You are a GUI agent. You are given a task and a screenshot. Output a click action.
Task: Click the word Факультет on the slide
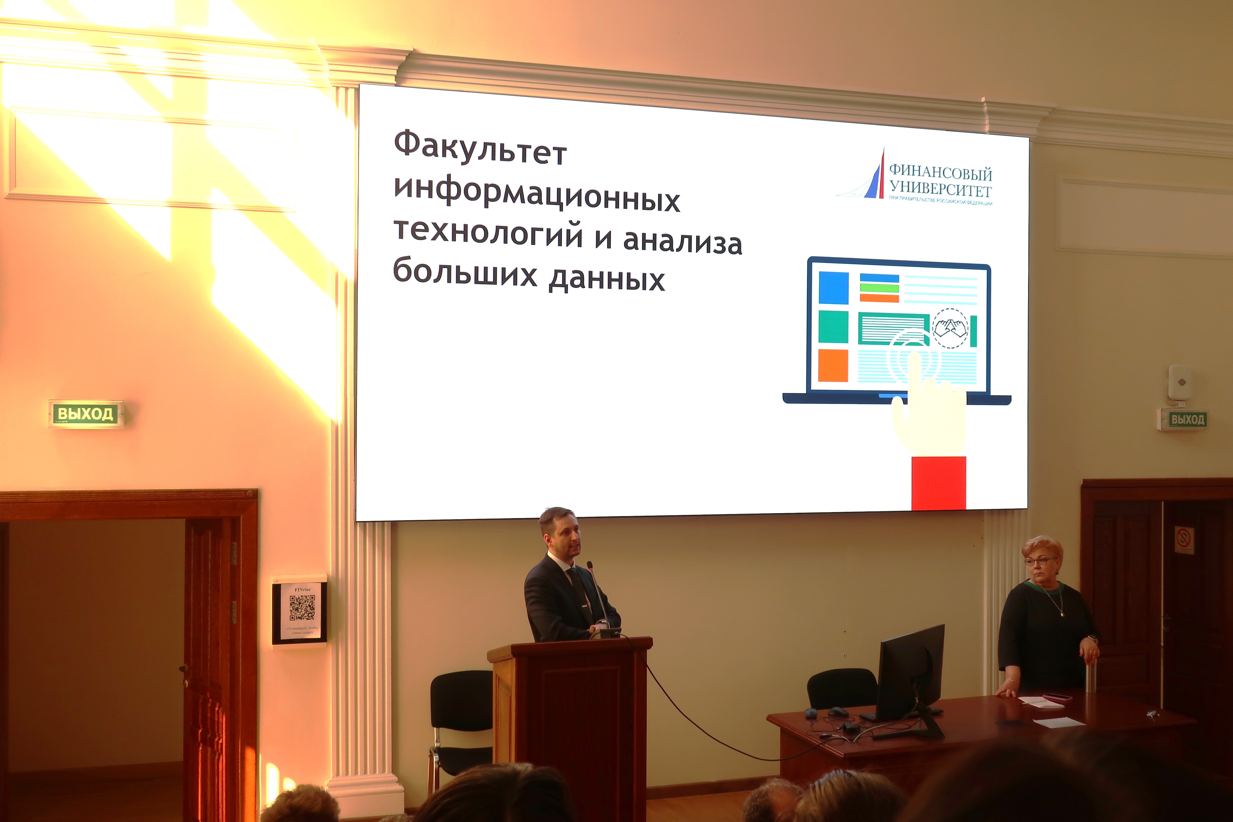480,148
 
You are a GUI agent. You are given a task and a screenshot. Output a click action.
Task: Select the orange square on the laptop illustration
833,365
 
